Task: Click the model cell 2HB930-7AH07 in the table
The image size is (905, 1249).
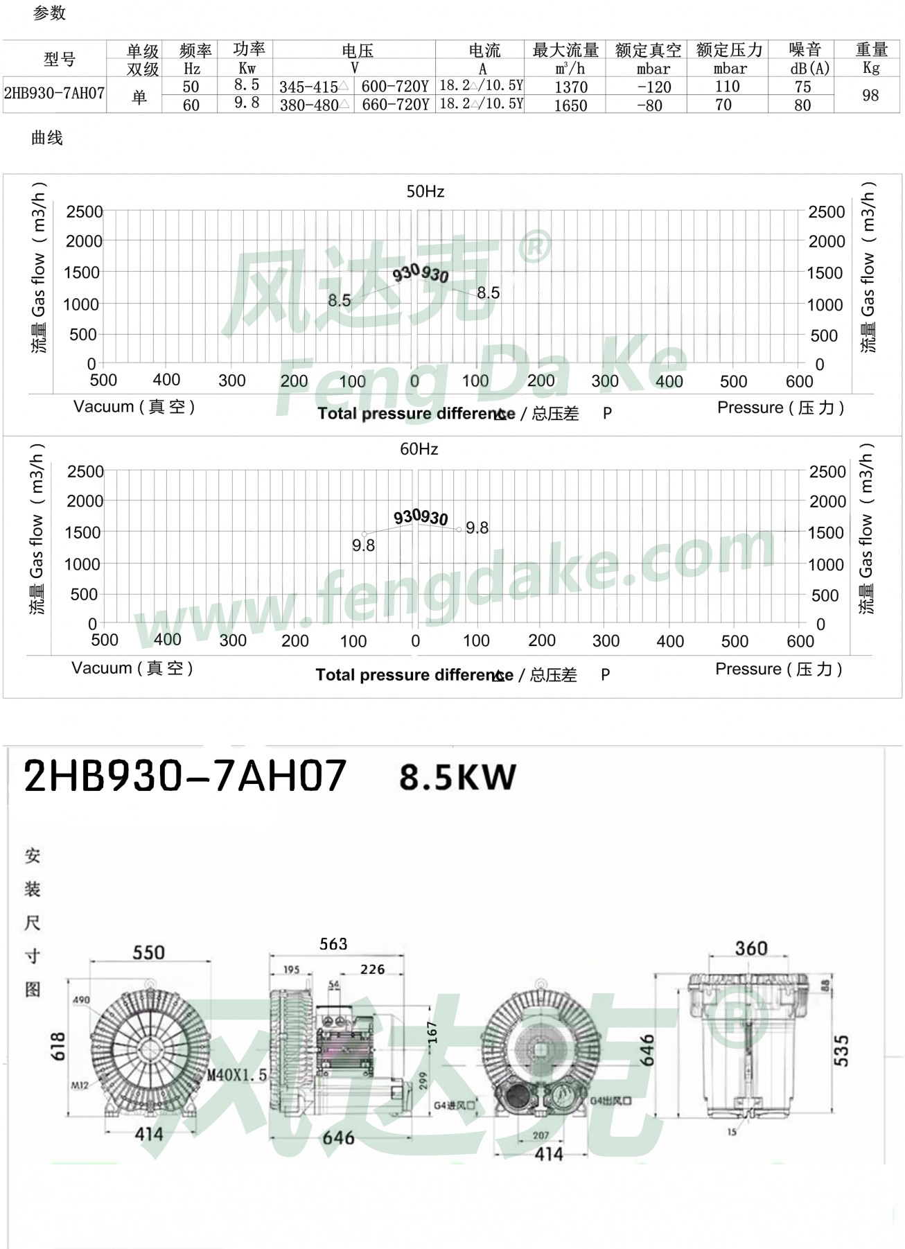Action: pos(54,94)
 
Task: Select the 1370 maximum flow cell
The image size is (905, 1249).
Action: pos(570,87)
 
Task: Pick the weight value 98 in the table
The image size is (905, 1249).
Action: pos(870,96)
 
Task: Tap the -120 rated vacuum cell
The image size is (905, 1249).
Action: pos(653,87)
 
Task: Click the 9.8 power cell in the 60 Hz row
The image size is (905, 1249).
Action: pos(247,103)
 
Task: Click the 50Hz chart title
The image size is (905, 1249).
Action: pos(425,192)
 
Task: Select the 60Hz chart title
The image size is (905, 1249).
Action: pos(419,450)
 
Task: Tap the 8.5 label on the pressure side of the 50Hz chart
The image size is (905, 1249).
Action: pos(488,293)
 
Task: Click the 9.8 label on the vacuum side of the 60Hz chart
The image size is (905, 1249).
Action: pos(363,546)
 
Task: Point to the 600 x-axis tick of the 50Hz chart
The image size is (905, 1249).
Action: pos(799,382)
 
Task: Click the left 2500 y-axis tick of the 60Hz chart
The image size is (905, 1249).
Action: pos(85,472)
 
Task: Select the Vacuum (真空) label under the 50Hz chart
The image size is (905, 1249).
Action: pos(134,407)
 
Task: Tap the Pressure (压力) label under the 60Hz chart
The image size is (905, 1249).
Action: pos(778,670)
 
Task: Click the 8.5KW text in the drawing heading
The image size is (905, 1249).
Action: pos(457,778)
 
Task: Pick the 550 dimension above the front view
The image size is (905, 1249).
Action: pos(148,952)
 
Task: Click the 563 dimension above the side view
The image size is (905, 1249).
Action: pos(333,944)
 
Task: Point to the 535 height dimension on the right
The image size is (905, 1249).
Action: pos(841,1050)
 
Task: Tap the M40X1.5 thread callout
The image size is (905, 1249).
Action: pos(237,1076)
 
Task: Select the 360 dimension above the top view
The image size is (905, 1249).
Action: pos(750,948)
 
